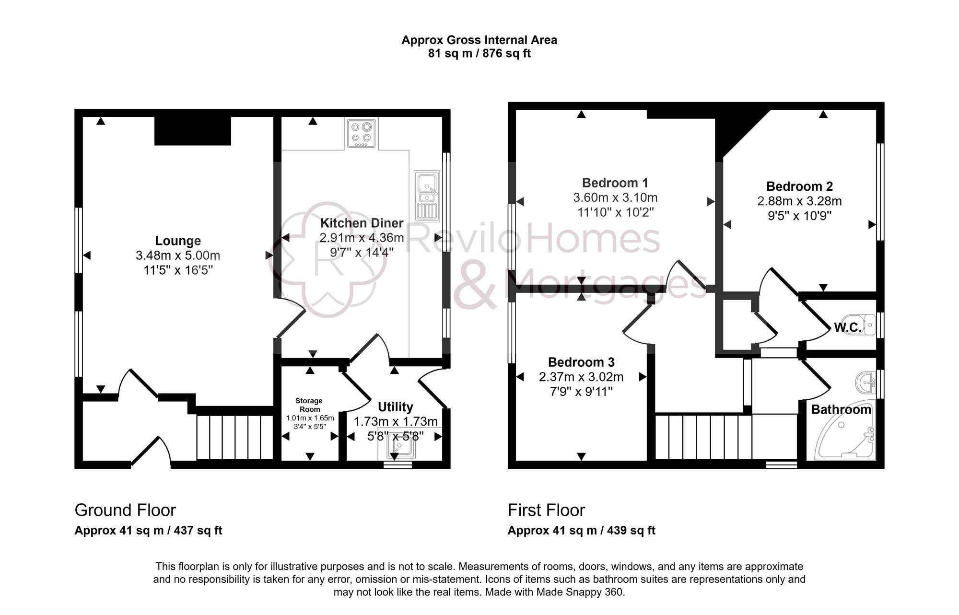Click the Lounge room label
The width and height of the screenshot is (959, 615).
178,241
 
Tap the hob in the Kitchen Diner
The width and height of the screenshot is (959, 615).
361,133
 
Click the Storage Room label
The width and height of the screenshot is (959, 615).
309,405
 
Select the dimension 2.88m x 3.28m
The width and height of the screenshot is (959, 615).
799,201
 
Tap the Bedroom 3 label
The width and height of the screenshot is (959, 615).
581,362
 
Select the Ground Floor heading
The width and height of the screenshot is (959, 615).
125,510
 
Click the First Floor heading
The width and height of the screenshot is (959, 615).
546,510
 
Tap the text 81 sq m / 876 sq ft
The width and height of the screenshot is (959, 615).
479,53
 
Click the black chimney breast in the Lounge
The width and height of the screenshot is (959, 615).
192,130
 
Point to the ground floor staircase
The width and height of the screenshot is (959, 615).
234,437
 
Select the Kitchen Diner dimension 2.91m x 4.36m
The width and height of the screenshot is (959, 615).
362,238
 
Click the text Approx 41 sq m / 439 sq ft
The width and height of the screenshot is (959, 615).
581,531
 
